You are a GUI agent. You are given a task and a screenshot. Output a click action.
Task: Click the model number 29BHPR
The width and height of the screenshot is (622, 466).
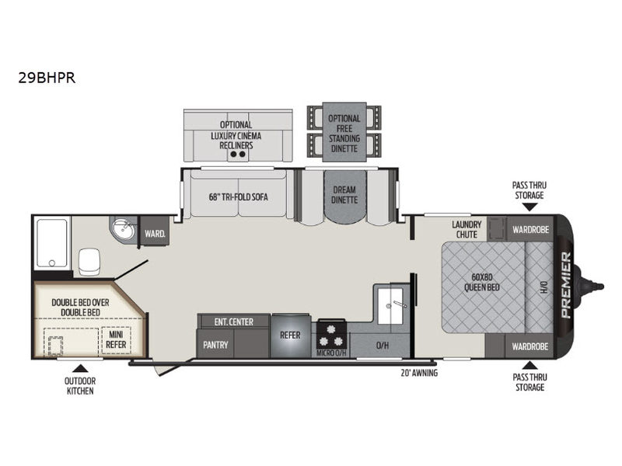47,78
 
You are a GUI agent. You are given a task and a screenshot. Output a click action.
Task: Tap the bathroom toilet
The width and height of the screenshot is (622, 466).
89,262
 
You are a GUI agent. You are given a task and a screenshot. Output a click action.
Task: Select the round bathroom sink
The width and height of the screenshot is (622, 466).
124,229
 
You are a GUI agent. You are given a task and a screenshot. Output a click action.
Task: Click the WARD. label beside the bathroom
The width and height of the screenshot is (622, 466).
155,234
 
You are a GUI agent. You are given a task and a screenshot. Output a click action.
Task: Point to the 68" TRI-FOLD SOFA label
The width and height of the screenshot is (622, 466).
239,197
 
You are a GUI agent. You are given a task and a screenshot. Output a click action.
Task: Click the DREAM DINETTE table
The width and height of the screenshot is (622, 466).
344,196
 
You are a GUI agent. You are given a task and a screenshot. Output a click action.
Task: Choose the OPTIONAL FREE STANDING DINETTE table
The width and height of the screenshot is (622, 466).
344,132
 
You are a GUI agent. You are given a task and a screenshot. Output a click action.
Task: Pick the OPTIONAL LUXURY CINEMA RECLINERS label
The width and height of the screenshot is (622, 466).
236,135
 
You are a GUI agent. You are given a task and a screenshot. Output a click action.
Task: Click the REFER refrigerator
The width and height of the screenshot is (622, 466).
290,336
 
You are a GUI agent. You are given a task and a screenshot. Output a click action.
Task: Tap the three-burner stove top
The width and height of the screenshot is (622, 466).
332,336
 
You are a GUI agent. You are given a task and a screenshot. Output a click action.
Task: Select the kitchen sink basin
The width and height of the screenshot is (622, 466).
390,305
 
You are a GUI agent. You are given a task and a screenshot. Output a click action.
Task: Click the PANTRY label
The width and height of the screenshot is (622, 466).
215,345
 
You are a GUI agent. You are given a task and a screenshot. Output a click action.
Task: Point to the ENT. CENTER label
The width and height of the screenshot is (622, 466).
234,322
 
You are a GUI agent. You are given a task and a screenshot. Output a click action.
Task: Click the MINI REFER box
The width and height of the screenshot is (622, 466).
116,340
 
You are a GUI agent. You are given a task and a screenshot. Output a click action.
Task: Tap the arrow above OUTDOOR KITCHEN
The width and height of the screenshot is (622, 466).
81,368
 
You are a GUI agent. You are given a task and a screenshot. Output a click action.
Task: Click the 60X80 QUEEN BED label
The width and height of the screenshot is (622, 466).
482,282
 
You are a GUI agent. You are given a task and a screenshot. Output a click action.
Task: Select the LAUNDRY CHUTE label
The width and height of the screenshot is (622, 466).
466,229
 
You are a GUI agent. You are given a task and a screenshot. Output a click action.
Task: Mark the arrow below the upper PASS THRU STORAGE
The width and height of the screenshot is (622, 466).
529,207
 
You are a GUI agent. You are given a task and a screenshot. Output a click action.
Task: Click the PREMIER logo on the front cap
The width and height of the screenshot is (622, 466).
566,285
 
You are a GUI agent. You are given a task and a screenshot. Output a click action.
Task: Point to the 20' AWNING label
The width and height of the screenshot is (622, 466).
419,373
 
